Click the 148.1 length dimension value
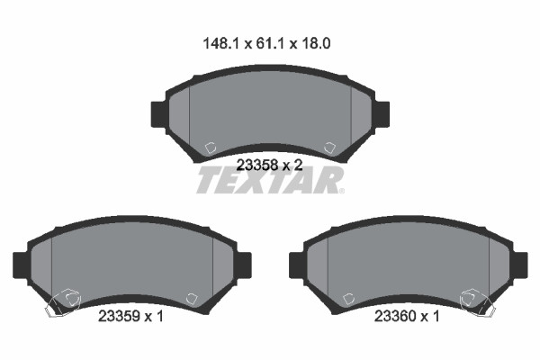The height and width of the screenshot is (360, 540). (x=220, y=44)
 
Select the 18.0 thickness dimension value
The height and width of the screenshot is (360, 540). (x=316, y=44)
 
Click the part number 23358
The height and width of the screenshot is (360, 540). (x=257, y=166)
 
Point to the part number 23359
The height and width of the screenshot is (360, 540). (x=119, y=316)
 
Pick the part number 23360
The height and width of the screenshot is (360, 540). (x=395, y=316)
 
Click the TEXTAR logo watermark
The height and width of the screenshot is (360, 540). (x=270, y=180)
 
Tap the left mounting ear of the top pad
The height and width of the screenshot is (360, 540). (x=158, y=114)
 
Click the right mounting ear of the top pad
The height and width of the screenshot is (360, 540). (x=382, y=114)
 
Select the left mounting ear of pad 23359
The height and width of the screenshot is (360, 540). (x=21, y=265)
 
